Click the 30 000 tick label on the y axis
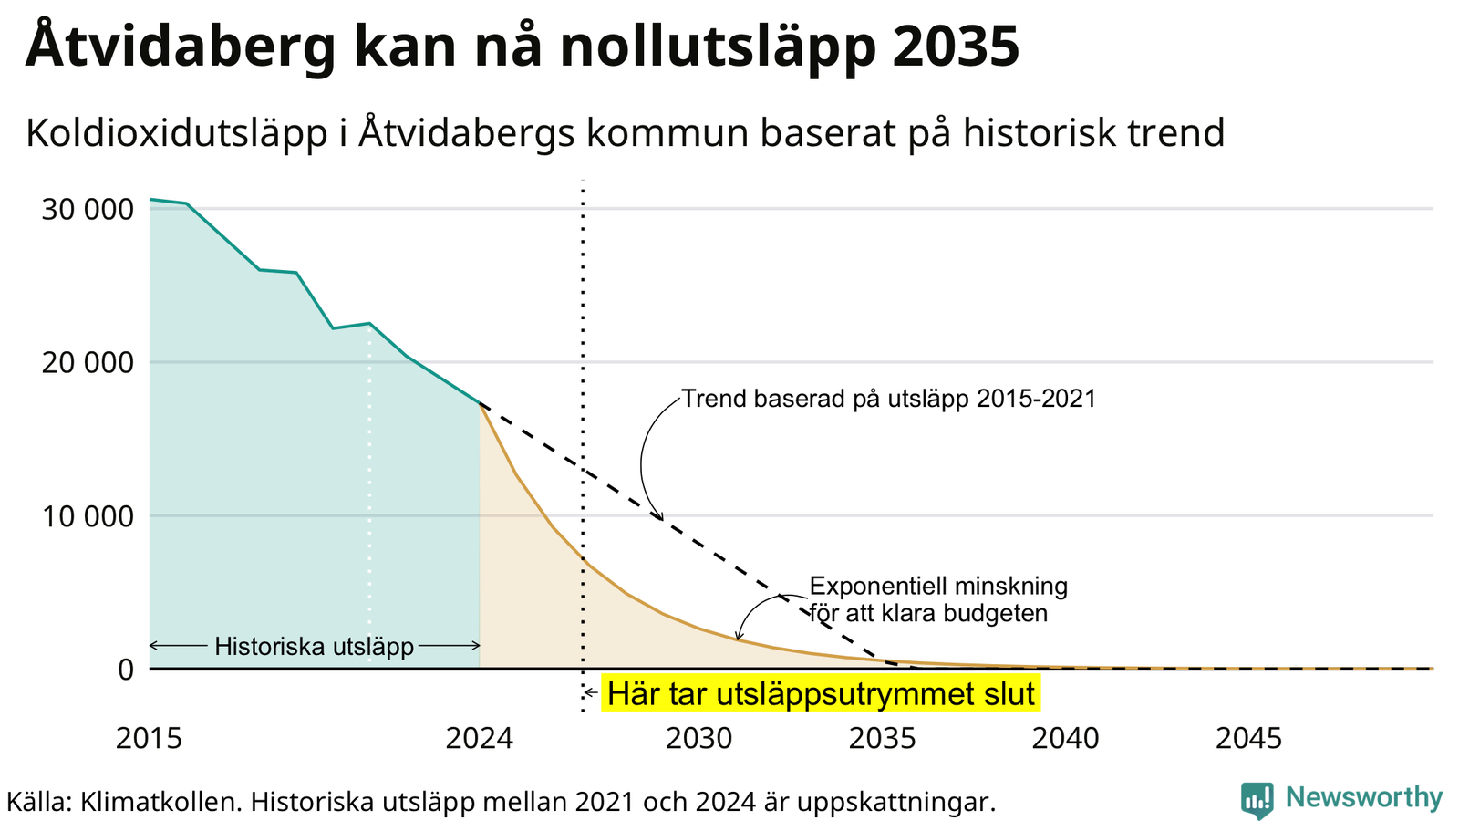click(88, 210)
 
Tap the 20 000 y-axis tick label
click(88, 363)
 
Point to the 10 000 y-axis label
click(88, 516)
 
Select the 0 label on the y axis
click(126, 670)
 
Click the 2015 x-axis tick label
click(150, 739)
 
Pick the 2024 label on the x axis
click(480, 739)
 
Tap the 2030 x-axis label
click(698, 739)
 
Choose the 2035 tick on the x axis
click(883, 739)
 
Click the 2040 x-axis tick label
click(1066, 739)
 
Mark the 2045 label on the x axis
click(1248, 739)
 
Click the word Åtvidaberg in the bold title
click(181, 45)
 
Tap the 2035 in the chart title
click(957, 46)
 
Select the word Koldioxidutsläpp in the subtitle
click(177, 133)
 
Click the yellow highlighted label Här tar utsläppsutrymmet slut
click(821, 693)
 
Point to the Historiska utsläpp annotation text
click(314, 647)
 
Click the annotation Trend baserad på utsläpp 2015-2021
click(888, 399)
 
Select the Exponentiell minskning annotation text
click(938, 587)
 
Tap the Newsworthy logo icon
click(1257, 800)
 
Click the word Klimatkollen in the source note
click(160, 802)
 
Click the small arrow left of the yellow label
click(591, 692)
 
